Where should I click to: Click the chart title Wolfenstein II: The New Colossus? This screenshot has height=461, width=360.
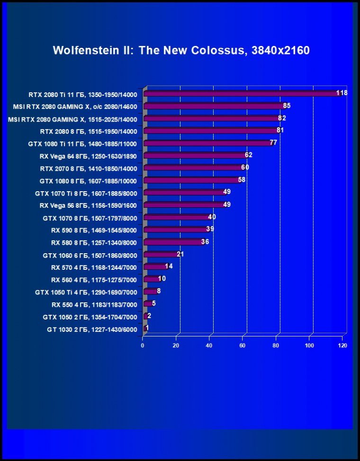181,51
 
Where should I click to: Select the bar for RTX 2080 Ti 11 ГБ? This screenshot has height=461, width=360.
242,94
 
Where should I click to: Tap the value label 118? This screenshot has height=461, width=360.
342,93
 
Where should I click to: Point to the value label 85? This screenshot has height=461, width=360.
287,106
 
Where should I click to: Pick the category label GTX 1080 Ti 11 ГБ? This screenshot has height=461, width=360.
82,143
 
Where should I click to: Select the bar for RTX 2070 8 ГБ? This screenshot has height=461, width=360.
193,168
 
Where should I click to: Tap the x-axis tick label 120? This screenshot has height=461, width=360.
342,346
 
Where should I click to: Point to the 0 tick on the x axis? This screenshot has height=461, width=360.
143,346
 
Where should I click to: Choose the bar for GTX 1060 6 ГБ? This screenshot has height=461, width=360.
161,254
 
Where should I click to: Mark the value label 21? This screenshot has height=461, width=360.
180,254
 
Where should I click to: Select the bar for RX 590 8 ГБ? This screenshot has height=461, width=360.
176,230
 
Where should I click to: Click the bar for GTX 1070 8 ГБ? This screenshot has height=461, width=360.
177,217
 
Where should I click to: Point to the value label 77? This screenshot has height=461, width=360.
273,142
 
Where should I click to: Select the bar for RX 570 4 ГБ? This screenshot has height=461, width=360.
155,266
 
